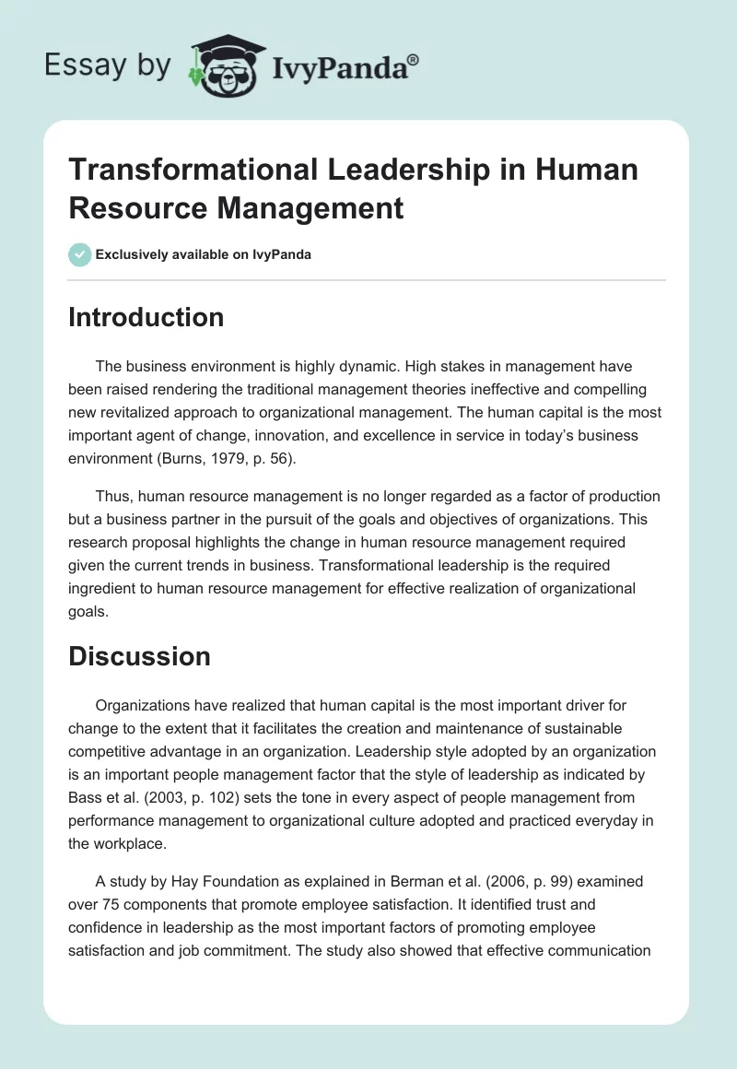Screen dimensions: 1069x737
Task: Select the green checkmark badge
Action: click(x=79, y=254)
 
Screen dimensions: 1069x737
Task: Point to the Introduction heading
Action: click(x=146, y=317)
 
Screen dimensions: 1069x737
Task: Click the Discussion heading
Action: click(x=139, y=656)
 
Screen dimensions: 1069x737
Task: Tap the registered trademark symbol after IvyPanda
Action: click(x=415, y=58)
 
